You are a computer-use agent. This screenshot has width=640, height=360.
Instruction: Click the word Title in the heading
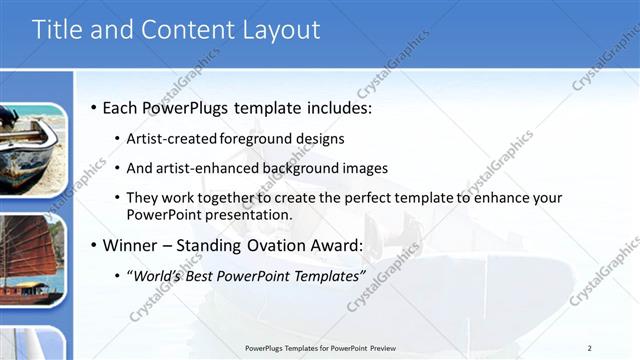[x=59, y=30]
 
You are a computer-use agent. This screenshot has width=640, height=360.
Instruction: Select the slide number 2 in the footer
[x=589, y=348]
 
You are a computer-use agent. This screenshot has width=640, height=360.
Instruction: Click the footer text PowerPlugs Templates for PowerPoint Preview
[x=319, y=348]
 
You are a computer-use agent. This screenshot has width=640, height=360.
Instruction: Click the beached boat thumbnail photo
[x=32, y=150]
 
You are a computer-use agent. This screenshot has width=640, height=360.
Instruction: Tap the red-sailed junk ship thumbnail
[x=32, y=260]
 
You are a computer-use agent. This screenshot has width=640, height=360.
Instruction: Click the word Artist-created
[x=166, y=138]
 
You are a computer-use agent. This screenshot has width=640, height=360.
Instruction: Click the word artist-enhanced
[x=201, y=169]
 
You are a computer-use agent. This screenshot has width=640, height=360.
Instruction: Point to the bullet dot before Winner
[x=94, y=246]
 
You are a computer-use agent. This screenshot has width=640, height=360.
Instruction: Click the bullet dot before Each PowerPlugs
[x=94, y=107]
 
